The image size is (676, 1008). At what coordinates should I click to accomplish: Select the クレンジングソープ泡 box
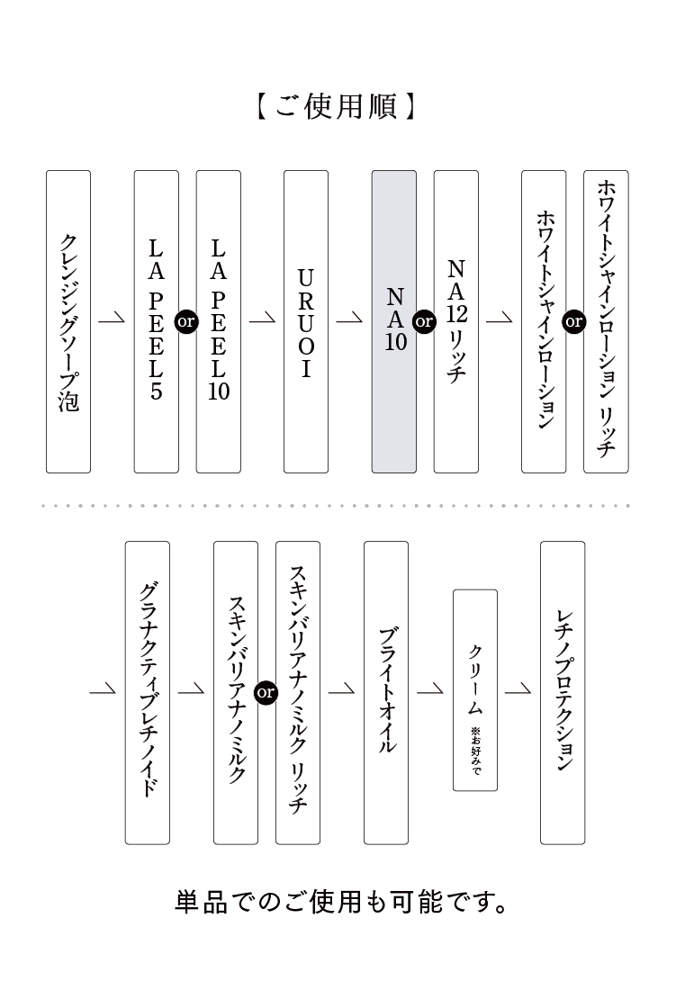pos(68,321)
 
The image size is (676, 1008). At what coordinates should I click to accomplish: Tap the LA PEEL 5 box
pos(157,321)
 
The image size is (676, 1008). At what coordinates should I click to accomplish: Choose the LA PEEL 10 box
pos(219,321)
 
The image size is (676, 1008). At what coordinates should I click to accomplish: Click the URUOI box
pos(306,321)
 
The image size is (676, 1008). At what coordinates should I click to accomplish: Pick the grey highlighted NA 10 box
pos(394,321)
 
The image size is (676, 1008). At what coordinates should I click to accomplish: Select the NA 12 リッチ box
pos(456,321)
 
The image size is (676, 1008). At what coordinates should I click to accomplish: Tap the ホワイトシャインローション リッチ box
pos(606,321)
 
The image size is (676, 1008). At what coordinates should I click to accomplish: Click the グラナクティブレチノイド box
pos(148,692)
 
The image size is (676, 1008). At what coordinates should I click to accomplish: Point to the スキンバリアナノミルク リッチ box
pos(298,692)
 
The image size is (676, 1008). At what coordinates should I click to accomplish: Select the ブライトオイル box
pos(386,692)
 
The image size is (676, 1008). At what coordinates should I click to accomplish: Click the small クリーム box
pos(474,690)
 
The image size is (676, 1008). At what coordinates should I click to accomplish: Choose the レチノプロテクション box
pos(563,692)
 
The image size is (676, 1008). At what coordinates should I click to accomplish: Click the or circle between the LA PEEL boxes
pos(187,321)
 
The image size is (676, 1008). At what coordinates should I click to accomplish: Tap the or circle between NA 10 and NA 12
pos(424,321)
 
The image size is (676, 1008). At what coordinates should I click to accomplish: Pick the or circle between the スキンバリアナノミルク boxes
pos(266,692)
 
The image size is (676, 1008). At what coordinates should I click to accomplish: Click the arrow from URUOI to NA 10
pos(350,319)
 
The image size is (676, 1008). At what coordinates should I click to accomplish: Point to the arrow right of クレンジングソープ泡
pos(113,319)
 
